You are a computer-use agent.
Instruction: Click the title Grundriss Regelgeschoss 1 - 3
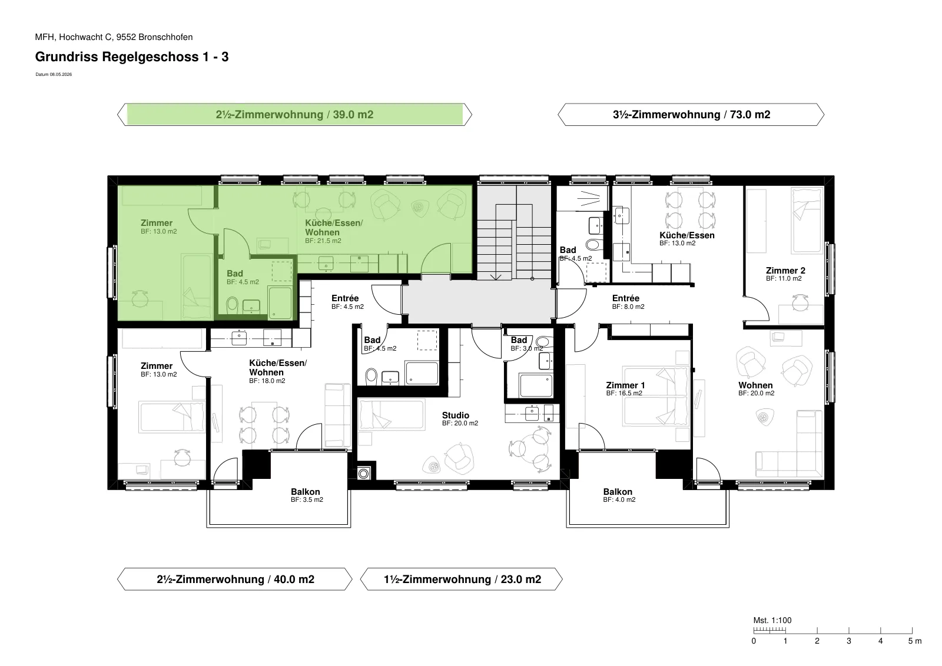coord(132,56)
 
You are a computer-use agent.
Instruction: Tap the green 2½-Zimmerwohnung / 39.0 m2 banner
coord(294,114)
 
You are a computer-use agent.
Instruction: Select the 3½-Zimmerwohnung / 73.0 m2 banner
coord(691,114)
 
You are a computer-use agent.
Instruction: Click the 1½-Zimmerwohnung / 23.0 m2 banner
coord(462,579)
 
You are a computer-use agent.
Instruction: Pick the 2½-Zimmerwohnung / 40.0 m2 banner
coord(235,579)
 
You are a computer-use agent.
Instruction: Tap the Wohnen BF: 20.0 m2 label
coord(756,389)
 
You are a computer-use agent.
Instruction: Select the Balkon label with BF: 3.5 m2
coord(307,495)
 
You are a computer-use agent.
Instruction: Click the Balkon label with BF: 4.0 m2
coord(619,495)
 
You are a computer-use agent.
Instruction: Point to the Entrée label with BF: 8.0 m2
coord(628,302)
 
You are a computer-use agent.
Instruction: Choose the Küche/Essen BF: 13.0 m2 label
coord(686,239)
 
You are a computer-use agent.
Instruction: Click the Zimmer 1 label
coord(625,389)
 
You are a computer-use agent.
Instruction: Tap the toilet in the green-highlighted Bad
coord(232,305)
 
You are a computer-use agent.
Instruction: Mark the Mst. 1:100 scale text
coord(772,620)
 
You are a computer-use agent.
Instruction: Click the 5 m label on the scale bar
coord(915,641)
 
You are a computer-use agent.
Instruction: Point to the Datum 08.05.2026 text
coord(54,74)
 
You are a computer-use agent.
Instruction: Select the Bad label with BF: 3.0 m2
coord(526,344)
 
